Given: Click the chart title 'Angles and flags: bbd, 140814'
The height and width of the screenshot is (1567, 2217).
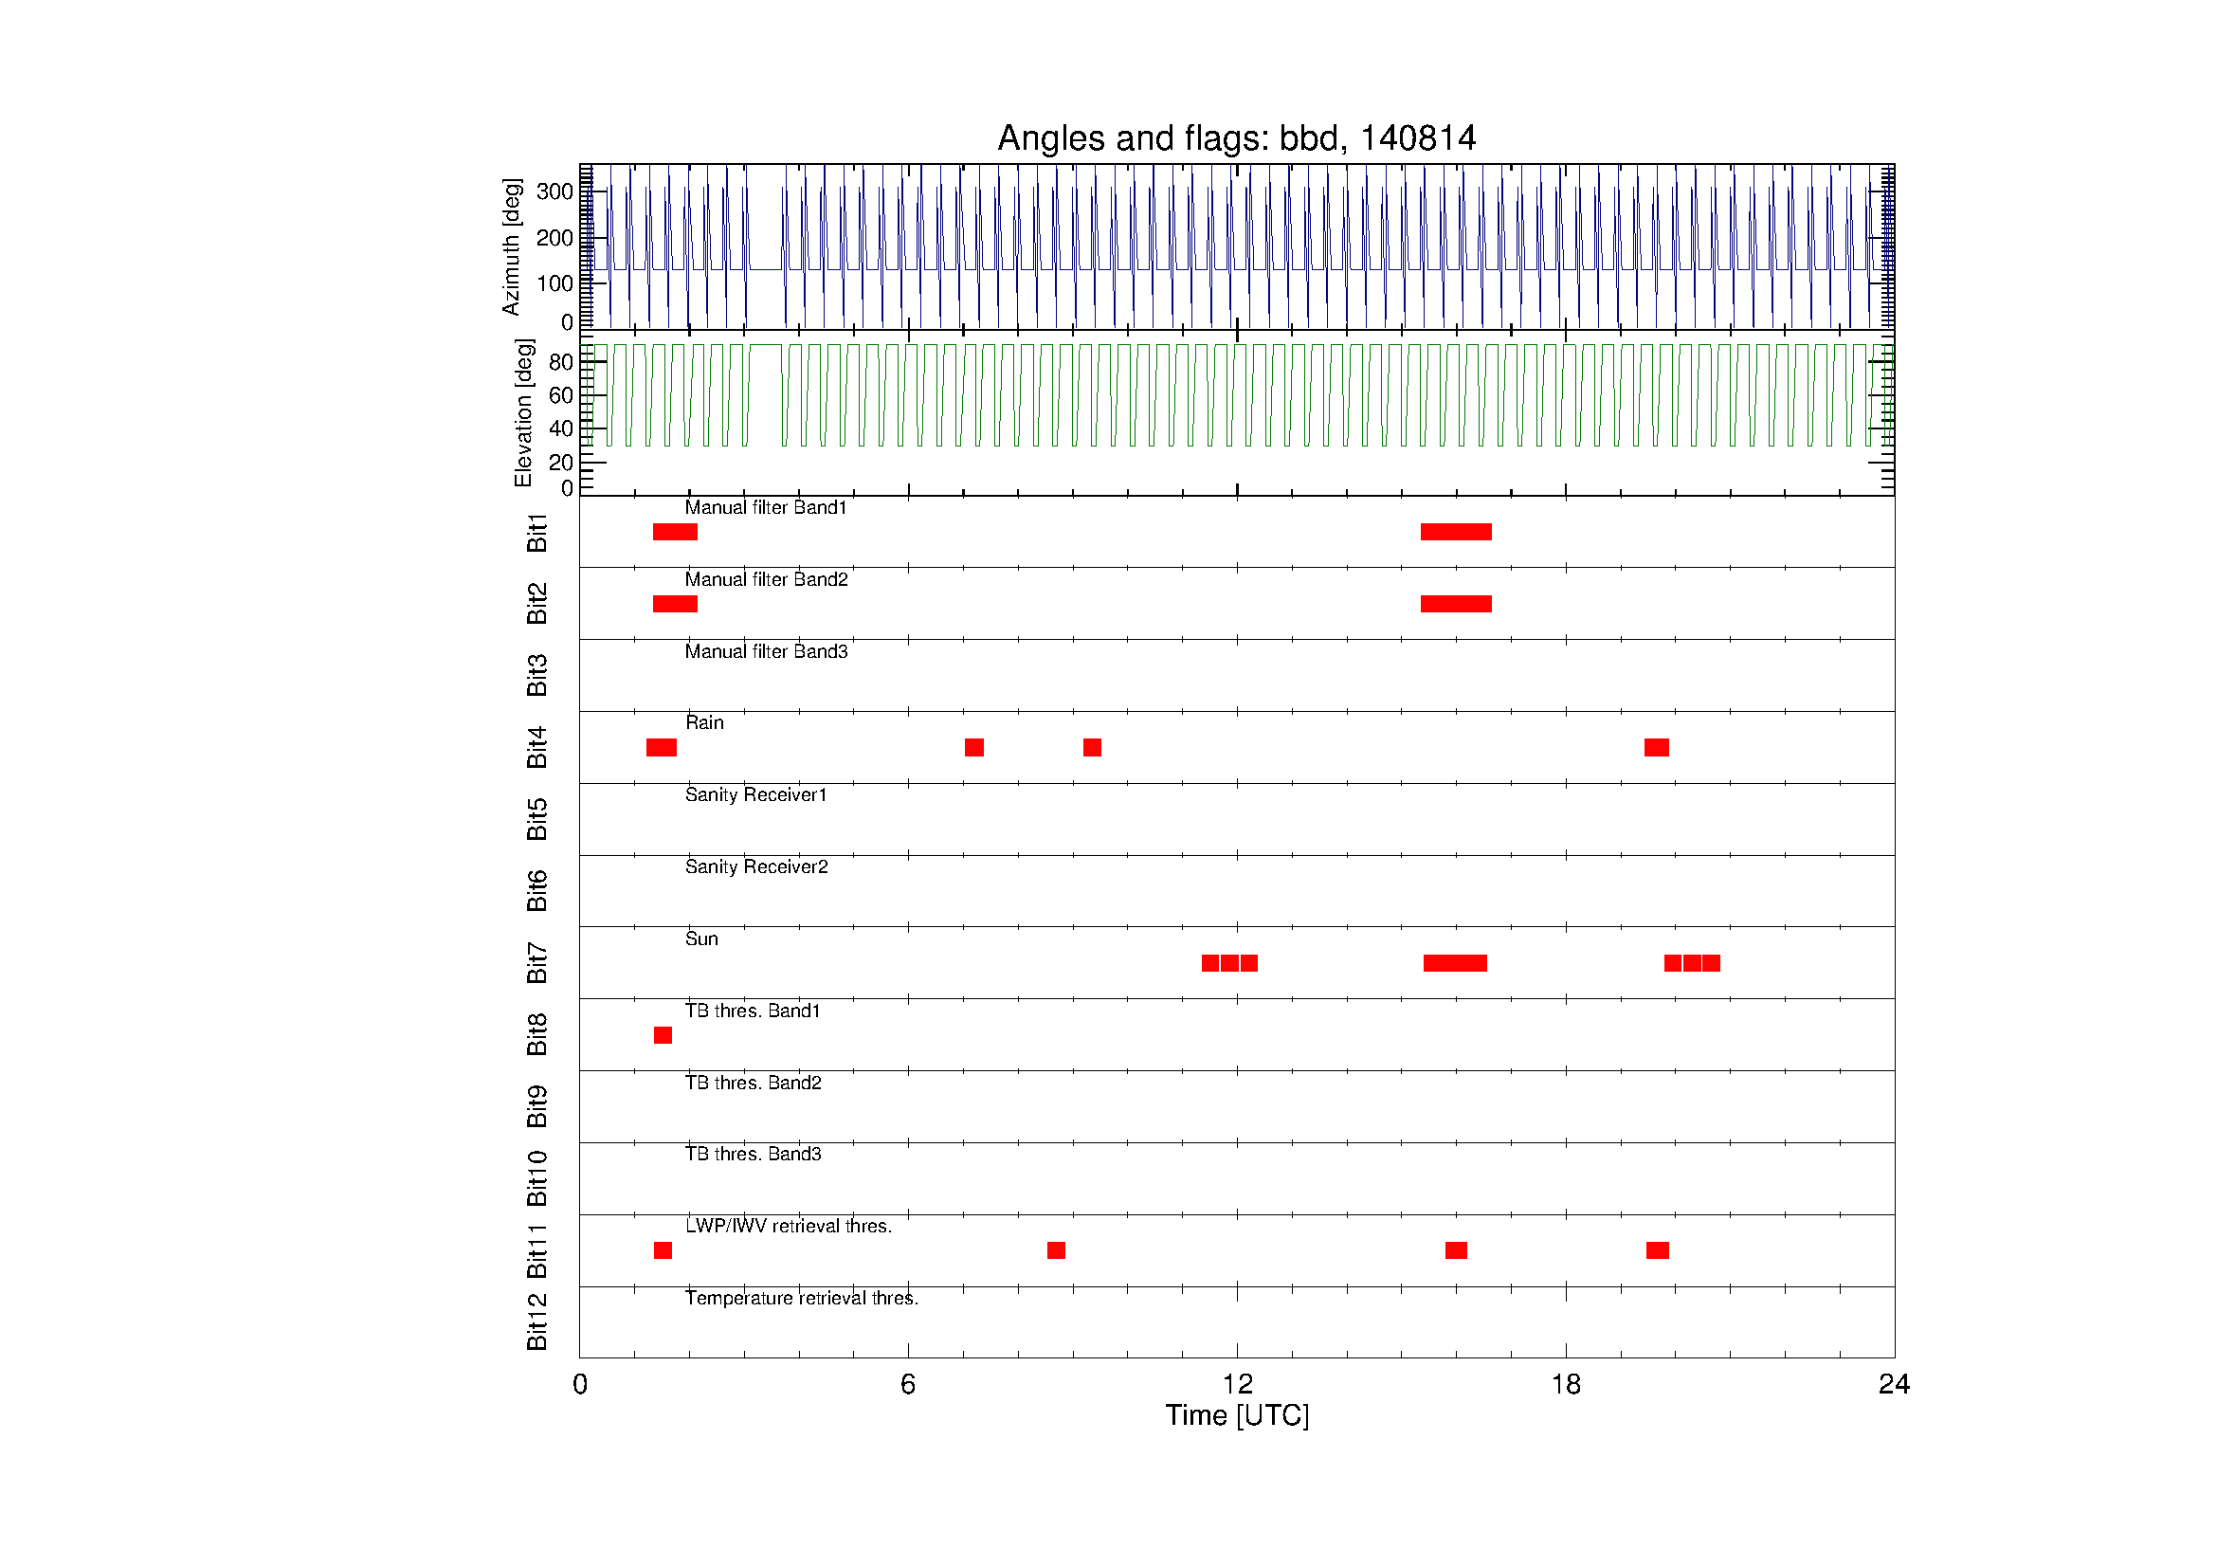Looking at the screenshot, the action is click(1236, 139).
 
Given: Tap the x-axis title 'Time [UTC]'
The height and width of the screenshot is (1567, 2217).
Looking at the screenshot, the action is click(1237, 1415).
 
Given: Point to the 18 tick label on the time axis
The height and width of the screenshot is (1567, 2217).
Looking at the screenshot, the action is click(1565, 1385).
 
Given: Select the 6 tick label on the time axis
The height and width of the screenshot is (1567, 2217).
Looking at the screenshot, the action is click(908, 1385).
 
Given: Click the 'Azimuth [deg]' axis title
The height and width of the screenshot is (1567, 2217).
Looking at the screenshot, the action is click(511, 246).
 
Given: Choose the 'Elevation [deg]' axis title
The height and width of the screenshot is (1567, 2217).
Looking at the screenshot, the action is click(523, 412).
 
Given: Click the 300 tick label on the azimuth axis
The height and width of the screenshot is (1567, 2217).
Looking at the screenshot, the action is click(555, 191).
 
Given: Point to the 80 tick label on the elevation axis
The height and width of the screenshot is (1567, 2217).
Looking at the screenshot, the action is click(561, 362).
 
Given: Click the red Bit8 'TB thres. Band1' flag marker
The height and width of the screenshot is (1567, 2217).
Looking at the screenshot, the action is click(663, 1035).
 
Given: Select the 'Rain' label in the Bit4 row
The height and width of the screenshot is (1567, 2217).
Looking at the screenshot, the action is click(704, 722).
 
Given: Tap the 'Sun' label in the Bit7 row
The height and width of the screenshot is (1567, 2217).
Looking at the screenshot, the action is click(701, 938).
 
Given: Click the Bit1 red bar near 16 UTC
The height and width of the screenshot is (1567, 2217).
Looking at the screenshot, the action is click(1456, 532).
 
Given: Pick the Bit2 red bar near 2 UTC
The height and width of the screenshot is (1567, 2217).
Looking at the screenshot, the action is click(675, 605).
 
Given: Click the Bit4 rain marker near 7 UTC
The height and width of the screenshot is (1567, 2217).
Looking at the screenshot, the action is click(974, 747).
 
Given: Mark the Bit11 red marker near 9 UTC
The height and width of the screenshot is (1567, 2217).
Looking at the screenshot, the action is click(1056, 1250).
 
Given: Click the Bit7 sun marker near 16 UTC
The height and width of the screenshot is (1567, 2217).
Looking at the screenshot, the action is click(1455, 962).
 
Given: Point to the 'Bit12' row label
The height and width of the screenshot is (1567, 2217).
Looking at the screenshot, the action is click(536, 1321).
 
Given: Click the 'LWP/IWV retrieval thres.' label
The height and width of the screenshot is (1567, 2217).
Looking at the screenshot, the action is click(789, 1226).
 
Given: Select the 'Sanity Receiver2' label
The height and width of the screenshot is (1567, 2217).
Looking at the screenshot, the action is click(757, 867).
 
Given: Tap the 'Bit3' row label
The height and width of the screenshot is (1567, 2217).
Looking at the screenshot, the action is click(536, 675).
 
